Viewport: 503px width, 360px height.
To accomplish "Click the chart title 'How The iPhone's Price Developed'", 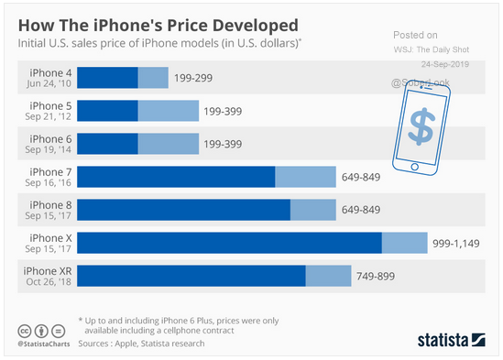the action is (159, 26).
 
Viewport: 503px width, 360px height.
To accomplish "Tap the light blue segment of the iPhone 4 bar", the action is (153, 78).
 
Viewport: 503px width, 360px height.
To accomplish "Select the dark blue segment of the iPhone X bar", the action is (229, 243).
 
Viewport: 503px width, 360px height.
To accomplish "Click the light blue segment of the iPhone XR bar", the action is (329, 276).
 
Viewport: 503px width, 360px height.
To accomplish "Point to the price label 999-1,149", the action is (456, 244).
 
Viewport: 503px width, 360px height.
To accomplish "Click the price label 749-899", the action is (376, 277).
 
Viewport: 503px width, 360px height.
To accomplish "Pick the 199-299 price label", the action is (193, 78).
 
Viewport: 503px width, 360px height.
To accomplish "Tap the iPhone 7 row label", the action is (50, 172).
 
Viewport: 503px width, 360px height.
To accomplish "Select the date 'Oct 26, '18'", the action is (49, 282).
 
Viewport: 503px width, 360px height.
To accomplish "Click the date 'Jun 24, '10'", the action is (49, 83).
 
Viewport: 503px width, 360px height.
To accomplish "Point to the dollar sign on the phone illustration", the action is (422, 126).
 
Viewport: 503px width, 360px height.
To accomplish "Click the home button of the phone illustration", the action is (414, 167).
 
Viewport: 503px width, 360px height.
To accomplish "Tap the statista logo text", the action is (443, 340).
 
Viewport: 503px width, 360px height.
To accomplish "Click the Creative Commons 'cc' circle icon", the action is (25, 331).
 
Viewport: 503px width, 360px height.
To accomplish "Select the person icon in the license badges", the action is (41, 331).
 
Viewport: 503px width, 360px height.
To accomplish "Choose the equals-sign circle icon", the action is (59, 331).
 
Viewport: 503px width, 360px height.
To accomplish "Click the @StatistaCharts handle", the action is (44, 344).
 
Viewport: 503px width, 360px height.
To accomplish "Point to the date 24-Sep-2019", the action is (445, 64).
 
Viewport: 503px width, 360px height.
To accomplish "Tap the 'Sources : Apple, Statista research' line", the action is (141, 344).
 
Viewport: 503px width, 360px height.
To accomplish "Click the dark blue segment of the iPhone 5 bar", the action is (107, 111).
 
